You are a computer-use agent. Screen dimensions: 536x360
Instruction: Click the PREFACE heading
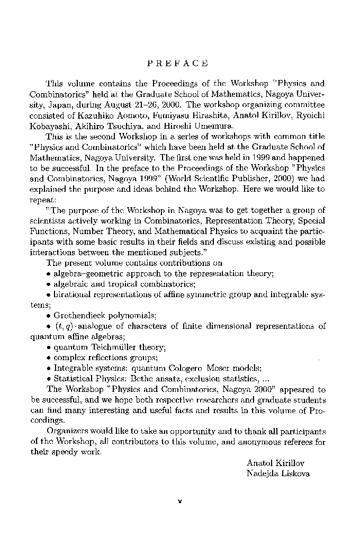177,64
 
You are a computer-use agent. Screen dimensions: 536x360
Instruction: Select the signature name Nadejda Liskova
278,473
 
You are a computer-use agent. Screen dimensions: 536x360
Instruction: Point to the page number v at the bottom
180,501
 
